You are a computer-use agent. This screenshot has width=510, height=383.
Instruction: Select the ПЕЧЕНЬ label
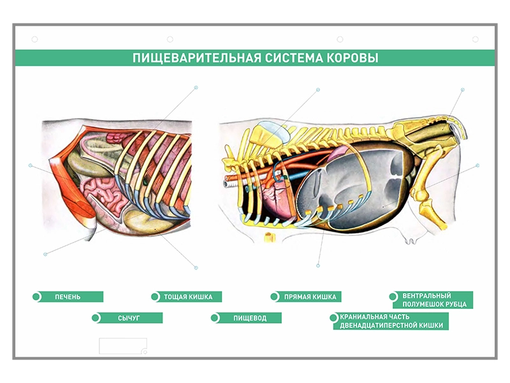[68, 297]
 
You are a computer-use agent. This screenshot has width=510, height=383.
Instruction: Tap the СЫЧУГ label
[128, 318]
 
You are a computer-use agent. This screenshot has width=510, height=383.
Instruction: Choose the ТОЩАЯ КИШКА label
[188, 297]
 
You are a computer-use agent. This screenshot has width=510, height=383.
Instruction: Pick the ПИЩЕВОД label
[249, 318]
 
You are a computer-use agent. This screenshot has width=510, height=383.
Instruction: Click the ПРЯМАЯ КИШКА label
[309, 297]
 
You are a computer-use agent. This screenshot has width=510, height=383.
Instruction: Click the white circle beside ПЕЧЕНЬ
[38, 297]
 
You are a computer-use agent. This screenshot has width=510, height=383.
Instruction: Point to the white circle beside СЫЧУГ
[96, 318]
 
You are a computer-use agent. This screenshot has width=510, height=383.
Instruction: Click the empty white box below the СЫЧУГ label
[122, 346]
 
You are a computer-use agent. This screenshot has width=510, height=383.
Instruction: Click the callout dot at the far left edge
[31, 165]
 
